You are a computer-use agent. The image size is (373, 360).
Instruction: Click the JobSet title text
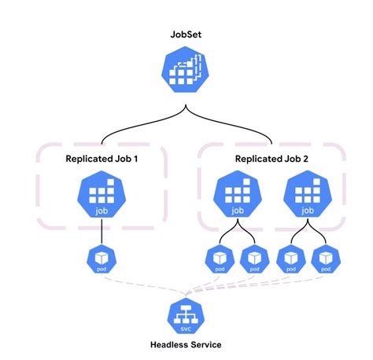coord(186,35)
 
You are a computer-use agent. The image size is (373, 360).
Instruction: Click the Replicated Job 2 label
coord(271,159)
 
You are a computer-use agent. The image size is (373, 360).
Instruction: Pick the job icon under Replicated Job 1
coord(102,196)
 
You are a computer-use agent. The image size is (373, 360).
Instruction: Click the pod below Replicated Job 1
coord(102,259)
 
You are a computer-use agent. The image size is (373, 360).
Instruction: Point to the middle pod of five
coord(253,259)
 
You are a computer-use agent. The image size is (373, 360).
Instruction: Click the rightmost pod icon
coord(325,259)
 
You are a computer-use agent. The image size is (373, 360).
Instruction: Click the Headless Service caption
coord(186,345)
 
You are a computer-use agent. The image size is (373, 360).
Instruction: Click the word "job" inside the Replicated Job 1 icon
coord(102,211)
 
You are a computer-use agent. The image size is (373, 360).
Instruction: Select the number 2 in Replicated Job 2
coord(307,159)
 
